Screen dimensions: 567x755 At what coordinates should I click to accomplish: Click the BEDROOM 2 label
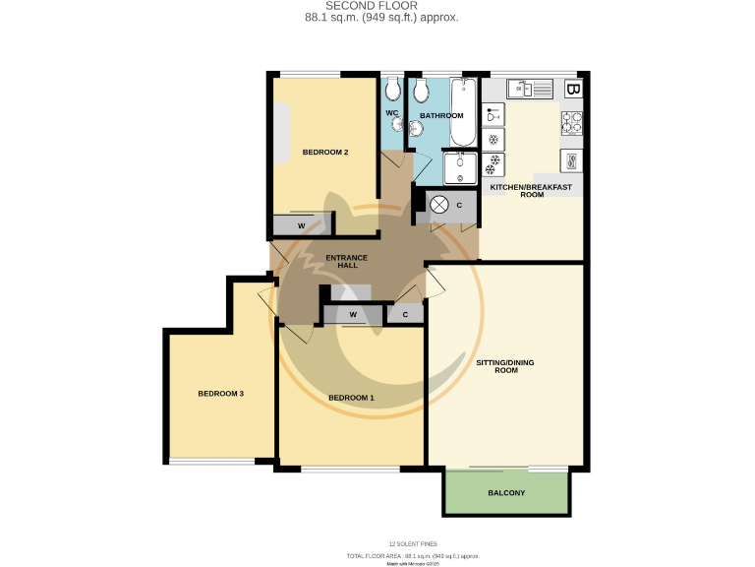[325, 152]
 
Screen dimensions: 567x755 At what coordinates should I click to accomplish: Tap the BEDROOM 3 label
[220, 394]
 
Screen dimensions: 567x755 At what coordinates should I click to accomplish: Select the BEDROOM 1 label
[351, 398]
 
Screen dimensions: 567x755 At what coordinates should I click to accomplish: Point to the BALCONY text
[506, 493]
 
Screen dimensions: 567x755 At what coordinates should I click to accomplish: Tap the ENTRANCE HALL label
[346, 262]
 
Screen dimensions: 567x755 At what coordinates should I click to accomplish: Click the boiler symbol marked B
[574, 90]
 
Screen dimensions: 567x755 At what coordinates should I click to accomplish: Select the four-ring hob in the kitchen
[572, 123]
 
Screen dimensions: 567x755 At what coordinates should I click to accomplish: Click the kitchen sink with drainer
[532, 90]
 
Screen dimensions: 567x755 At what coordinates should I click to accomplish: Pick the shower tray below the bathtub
[459, 167]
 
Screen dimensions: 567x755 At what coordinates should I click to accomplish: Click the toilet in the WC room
[393, 92]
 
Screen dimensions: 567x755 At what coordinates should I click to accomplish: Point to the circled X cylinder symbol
[439, 205]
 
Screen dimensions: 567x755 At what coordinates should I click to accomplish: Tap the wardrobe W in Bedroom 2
[301, 226]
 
